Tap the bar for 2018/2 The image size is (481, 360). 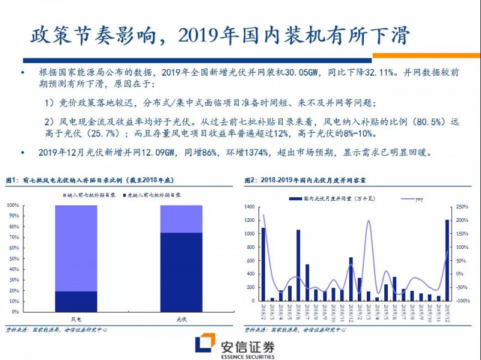263,264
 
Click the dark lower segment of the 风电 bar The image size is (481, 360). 76,301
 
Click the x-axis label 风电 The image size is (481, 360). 76,319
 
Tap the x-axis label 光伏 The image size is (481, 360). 181,319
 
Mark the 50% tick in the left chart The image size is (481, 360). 13,259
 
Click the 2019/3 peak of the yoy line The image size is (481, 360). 368,221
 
